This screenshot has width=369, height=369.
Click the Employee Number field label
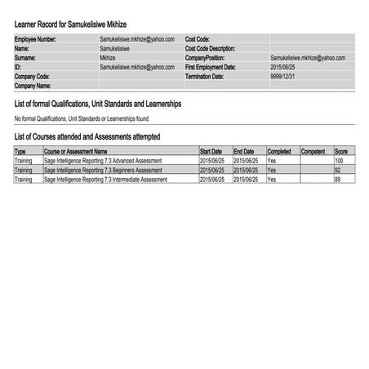click(36, 39)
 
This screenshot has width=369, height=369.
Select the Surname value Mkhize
click(107, 59)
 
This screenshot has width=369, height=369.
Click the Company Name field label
click(33, 86)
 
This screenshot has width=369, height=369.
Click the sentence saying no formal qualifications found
click(82, 119)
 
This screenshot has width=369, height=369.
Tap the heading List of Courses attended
click(87, 136)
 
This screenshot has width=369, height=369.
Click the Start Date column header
click(211, 152)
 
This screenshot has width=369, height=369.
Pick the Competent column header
click(313, 152)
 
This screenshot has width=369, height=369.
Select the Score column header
click(341, 152)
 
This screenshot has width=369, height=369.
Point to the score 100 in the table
click(339, 161)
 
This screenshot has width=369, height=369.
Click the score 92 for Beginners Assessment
click(338, 170)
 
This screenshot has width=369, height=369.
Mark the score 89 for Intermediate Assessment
click(338, 179)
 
